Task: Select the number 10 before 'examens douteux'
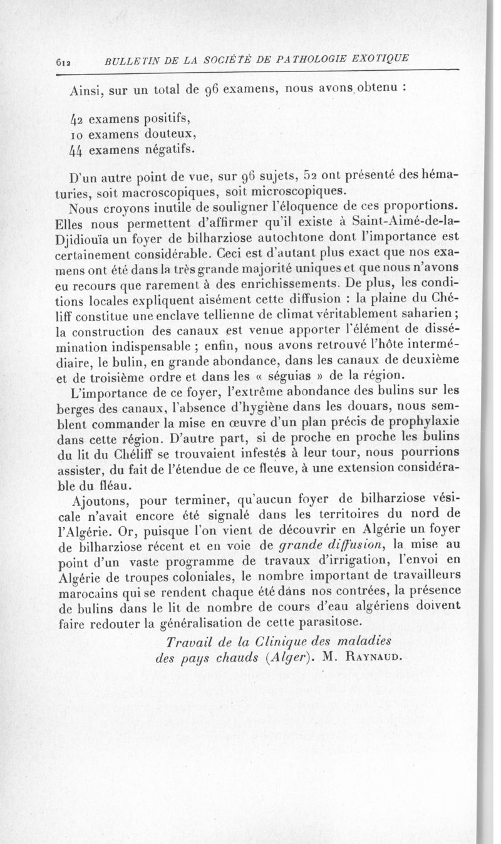[x=77, y=133]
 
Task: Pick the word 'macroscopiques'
[x=147, y=190]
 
